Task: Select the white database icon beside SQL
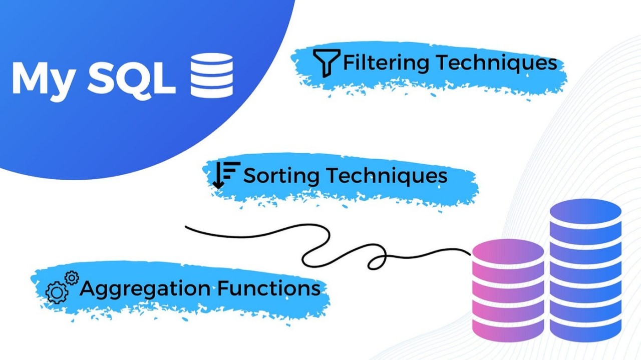point(211,75)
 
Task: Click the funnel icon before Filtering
point(326,63)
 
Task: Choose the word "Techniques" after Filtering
point(495,63)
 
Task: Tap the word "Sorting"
point(281,176)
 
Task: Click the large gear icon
point(57,292)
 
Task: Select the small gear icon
point(72,277)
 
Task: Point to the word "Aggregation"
point(145,289)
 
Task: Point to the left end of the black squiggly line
point(187,227)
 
